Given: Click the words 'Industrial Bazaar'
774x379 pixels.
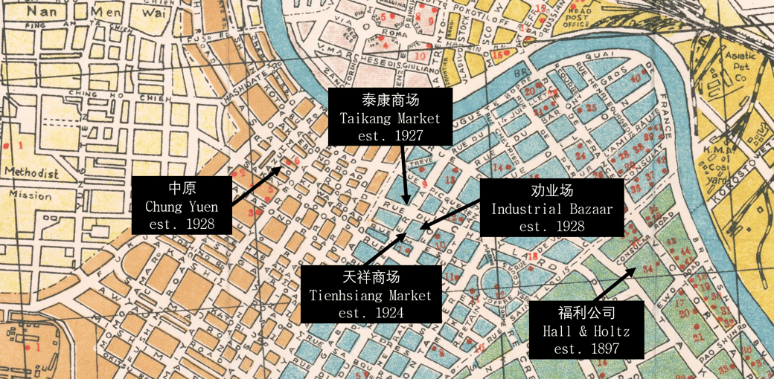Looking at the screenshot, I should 551,209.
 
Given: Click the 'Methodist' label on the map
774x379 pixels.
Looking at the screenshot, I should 31,173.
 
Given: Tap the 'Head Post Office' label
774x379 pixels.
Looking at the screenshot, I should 577,16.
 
